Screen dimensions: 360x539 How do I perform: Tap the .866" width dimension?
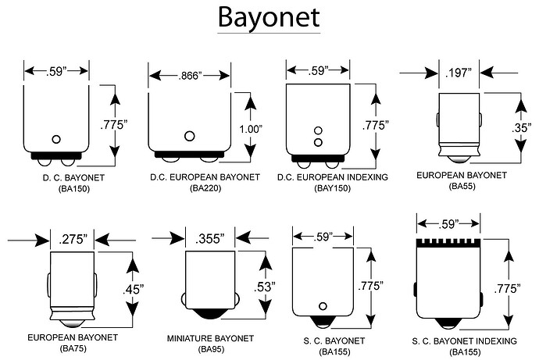tap(188, 75)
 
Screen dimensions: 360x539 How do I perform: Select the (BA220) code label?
tap(188, 189)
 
